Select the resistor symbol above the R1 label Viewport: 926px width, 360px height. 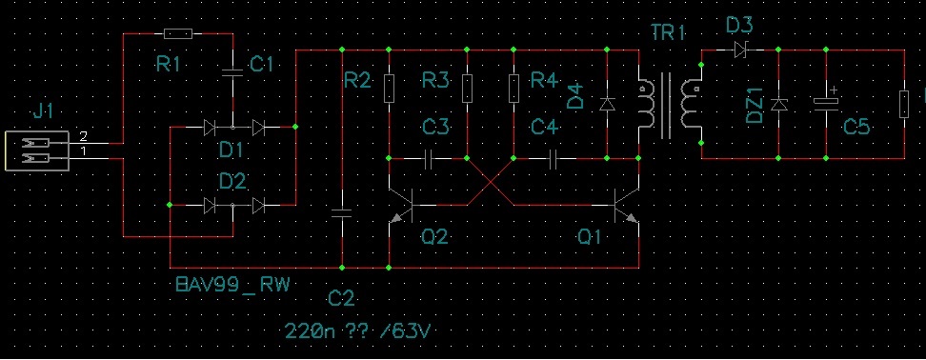tap(178, 33)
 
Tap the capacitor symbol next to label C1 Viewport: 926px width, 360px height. tap(232, 73)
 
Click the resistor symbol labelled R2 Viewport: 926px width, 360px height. tap(390, 89)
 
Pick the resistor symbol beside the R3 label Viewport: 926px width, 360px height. tap(467, 89)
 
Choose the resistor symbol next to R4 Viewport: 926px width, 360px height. tap(513, 89)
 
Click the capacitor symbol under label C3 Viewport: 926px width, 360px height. tap(428, 158)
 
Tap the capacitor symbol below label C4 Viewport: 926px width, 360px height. tap(554, 158)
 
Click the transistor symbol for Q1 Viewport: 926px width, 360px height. tap(626, 206)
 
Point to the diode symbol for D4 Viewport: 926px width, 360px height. tap(607, 105)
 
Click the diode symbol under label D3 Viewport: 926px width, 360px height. tap(740, 50)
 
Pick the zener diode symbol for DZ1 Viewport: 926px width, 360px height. tap(779, 105)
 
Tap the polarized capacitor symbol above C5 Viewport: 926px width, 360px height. tap(826, 101)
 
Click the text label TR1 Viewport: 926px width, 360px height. tap(668, 32)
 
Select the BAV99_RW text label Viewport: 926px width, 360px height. tap(233, 285)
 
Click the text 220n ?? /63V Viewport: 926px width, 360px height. tap(357, 330)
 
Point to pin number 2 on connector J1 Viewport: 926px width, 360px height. tap(83, 136)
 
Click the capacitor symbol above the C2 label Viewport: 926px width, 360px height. tap(342, 213)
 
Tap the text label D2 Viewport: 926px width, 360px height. tap(232, 181)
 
